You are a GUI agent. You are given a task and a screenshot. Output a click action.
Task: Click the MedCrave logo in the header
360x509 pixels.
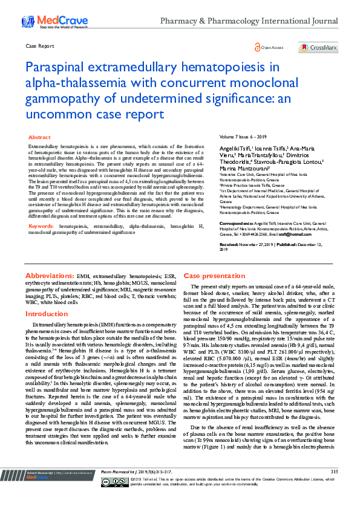click(x=45, y=22)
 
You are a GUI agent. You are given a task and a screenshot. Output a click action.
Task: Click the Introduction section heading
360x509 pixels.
click(x=47, y=314)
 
